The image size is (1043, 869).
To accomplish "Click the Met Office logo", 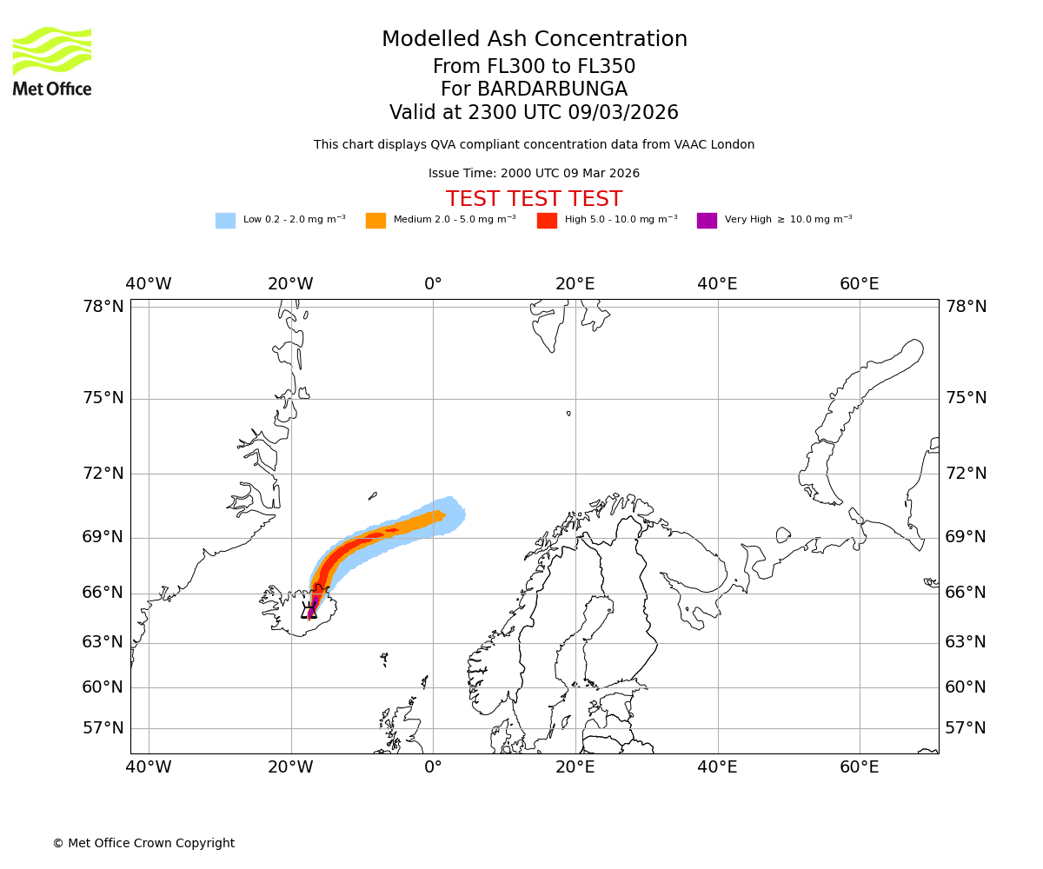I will [52, 61].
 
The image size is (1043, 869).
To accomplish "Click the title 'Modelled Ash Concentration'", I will [535, 40].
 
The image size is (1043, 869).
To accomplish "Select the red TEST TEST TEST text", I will [534, 199].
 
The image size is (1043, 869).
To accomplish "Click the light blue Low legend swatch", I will [225, 221].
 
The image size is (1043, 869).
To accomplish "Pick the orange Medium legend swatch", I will [375, 221].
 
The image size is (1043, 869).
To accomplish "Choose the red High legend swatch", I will [547, 221].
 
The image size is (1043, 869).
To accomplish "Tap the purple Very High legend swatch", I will [707, 221].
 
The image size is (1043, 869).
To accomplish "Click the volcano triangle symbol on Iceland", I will [309, 610].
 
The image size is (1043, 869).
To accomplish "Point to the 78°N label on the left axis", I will [103, 307].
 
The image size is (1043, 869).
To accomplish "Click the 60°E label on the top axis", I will [859, 284].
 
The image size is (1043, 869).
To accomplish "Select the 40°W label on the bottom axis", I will [149, 767].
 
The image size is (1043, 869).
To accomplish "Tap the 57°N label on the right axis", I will [966, 728].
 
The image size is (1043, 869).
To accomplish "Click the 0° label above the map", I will [433, 284].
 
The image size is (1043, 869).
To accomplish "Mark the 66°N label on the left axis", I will [103, 593].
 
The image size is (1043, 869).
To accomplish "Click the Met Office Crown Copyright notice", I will [143, 843].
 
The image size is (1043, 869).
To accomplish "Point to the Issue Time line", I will [534, 174].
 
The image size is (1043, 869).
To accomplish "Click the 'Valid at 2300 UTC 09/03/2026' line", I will [534, 113].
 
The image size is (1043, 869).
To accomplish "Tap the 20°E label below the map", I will [575, 767].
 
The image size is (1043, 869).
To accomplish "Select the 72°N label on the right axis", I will [966, 474].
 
